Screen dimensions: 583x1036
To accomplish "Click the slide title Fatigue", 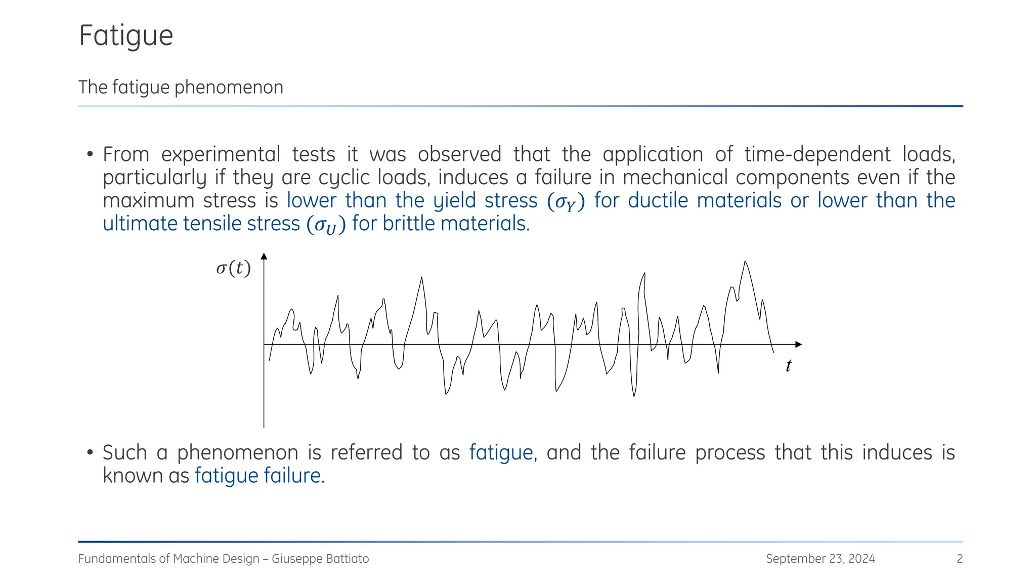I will coord(126,36).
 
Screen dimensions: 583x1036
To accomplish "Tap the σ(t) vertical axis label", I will coord(233,268).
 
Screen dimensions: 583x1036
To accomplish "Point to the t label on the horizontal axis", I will coord(788,366).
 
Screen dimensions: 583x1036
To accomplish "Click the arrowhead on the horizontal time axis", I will coord(798,345).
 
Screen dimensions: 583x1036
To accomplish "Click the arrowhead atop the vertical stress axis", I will coord(264,257).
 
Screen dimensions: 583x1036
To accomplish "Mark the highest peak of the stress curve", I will coord(745,262).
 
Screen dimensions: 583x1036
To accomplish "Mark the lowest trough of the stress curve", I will coord(634,396).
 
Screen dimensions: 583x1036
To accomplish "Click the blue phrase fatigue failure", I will coord(257,476).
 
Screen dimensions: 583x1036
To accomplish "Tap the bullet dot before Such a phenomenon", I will coord(90,452).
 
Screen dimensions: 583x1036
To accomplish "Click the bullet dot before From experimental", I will coord(90,154).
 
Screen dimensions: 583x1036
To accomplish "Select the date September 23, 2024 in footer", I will coord(820,559).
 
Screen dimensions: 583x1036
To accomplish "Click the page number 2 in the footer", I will coord(959,559).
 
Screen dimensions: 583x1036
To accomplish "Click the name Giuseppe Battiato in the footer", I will coord(320,559).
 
